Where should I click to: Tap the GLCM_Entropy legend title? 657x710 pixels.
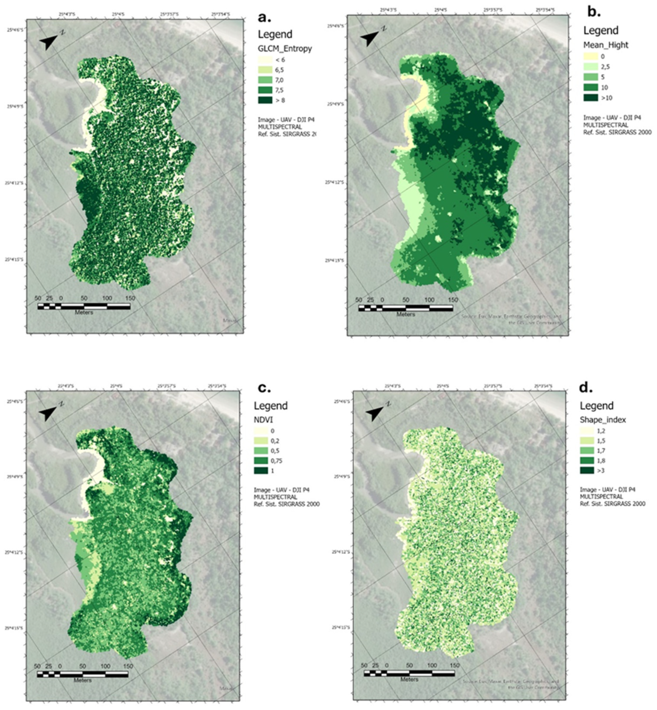point(285,49)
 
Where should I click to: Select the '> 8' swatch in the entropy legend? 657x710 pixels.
point(265,100)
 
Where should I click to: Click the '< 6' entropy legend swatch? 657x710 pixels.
point(265,60)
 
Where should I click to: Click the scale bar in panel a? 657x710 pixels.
point(84,306)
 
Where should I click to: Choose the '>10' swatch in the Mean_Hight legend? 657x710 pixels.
point(591,98)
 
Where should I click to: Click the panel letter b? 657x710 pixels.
point(594,12)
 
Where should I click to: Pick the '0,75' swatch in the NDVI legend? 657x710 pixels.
point(261,461)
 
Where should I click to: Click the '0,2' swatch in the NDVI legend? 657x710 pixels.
point(261,441)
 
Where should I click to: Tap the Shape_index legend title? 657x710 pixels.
point(603,420)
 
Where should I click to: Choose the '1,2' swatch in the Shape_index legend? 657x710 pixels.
point(587,431)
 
